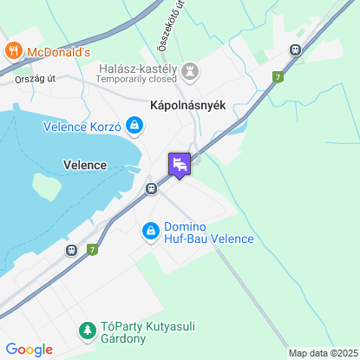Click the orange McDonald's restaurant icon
[12, 51]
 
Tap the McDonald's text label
[59, 52]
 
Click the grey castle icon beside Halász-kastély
[190, 69]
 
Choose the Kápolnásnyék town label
[181, 105]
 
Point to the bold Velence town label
[85, 164]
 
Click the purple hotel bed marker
[180, 164]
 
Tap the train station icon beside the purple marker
[151, 187]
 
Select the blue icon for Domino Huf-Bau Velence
[150, 232]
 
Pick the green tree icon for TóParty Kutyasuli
[87, 330]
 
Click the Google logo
[29, 350]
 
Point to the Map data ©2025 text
[322, 353]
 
